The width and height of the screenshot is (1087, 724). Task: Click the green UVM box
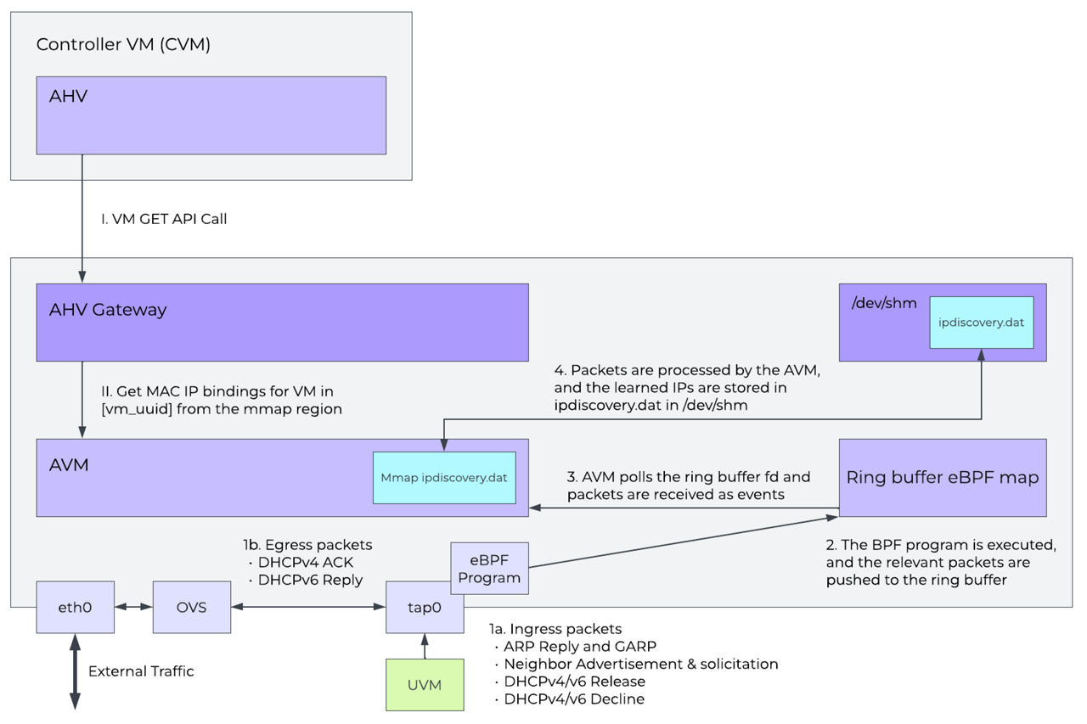point(425,684)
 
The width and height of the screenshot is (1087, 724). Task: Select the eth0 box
point(75,607)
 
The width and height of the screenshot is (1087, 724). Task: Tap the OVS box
point(191,607)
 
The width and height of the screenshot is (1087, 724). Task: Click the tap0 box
point(425,607)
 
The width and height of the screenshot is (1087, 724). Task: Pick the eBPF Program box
point(489,568)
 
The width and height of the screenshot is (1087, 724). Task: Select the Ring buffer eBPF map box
point(942,477)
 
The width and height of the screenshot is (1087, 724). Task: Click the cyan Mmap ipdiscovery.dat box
point(444,477)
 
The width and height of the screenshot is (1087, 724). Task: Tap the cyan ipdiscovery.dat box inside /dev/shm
point(981,323)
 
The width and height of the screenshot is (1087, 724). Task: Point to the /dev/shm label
point(882,302)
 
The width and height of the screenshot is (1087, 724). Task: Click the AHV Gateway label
point(108,310)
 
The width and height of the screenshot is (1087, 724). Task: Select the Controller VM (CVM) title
point(123,44)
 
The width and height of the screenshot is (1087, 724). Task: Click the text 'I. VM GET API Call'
point(164,219)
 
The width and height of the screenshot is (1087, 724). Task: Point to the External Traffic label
point(141,671)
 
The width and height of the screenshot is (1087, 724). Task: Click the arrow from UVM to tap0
point(425,646)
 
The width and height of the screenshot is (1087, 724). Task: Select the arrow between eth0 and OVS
point(133,607)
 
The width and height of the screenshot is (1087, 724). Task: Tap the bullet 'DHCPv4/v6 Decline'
point(574,699)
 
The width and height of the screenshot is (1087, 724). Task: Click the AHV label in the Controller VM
point(68,97)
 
